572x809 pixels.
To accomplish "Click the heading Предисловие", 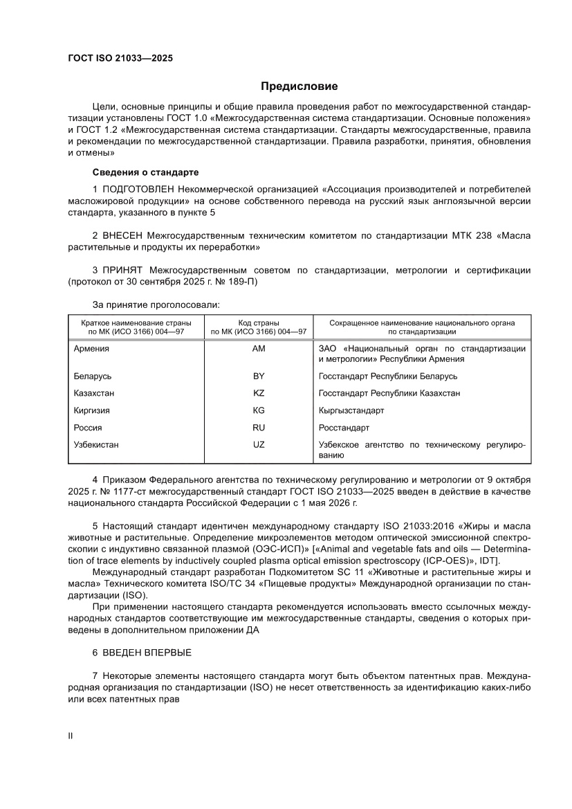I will [299, 87].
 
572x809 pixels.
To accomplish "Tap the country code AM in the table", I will [259, 349].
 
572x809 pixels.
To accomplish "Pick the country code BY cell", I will [259, 376].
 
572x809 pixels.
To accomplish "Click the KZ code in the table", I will [259, 393].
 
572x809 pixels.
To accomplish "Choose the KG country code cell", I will [259, 410].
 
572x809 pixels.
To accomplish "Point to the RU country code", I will [259, 428].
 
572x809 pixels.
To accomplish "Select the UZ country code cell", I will [259, 445].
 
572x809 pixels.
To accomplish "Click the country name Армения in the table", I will [91, 349].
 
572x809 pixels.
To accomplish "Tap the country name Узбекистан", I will [96, 445].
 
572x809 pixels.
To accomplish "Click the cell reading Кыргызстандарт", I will [351, 410].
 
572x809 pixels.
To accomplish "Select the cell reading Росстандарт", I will [344, 428].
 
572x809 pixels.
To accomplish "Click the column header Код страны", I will [259, 323].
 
